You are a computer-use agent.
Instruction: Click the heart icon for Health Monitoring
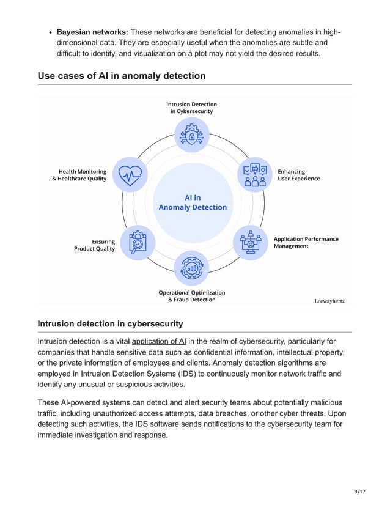pyautogui.click(x=130, y=175)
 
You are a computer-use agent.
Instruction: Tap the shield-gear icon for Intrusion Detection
pyautogui.click(x=192, y=135)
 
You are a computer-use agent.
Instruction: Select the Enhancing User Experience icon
pyautogui.click(x=255, y=175)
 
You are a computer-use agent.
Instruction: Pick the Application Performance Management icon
pyautogui.click(x=251, y=243)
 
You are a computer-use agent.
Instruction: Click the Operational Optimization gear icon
pyautogui.click(x=192, y=268)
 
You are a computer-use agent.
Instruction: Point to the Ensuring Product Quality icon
pyautogui.click(x=138, y=243)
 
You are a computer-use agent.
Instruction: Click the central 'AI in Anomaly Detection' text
pyautogui.click(x=193, y=202)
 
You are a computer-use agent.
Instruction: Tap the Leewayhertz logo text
pyautogui.click(x=329, y=301)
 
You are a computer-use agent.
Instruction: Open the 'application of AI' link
pyautogui.click(x=159, y=341)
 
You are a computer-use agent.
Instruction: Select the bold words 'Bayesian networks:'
pyautogui.click(x=92, y=32)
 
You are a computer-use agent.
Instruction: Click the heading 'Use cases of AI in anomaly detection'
pyautogui.click(x=122, y=76)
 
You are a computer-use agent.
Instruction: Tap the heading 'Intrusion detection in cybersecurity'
pyautogui.click(x=110, y=323)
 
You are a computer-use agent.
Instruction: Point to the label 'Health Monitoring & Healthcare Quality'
pyautogui.click(x=79, y=175)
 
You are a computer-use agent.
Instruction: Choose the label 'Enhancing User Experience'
pyautogui.click(x=298, y=175)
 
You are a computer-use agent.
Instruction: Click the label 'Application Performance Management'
pyautogui.click(x=306, y=242)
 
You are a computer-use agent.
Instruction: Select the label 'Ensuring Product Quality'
pyautogui.click(x=95, y=245)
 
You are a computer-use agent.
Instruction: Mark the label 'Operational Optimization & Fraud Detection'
pyautogui.click(x=192, y=296)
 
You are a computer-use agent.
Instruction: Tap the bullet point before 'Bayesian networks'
pyautogui.click(x=48, y=32)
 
